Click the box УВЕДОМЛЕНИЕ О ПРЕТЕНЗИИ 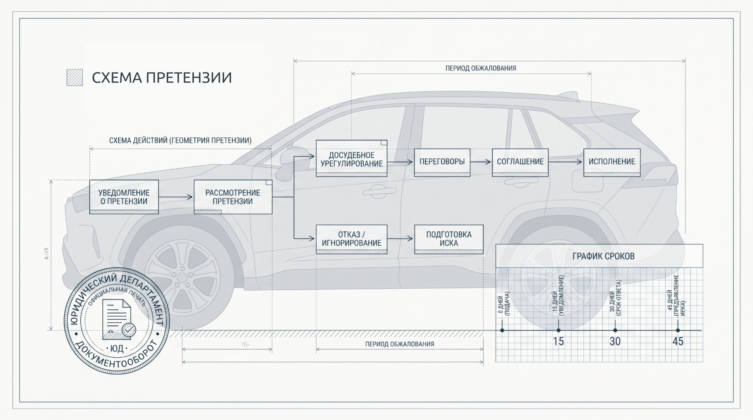[x=124, y=197]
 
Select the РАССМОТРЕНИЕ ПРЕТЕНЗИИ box [x=233, y=197]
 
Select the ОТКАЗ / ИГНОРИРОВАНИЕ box [x=351, y=239]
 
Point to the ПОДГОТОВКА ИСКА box [x=449, y=239]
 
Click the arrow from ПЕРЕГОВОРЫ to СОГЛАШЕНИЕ [x=481, y=162]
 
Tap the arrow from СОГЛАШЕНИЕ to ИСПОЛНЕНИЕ [x=566, y=162]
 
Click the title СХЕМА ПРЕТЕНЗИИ [x=162, y=78]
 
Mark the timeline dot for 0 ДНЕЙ [x=502, y=330]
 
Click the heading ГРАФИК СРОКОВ [x=603, y=256]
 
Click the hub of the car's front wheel [x=182, y=277]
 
